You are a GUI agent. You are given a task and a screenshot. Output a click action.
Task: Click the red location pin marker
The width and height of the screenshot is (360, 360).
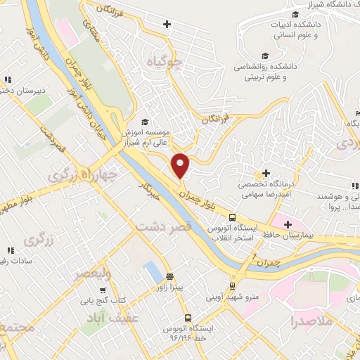click(x=181, y=165)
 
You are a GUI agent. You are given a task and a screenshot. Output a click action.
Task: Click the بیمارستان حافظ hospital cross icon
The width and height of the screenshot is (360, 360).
click(x=288, y=224)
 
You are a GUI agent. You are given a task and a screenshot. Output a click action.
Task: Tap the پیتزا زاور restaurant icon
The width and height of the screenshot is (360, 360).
click(x=169, y=276)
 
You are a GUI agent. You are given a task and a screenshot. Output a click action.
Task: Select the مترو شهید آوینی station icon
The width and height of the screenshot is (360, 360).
click(x=232, y=285)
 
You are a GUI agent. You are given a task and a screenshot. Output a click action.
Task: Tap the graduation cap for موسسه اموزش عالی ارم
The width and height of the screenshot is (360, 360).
click(x=145, y=121)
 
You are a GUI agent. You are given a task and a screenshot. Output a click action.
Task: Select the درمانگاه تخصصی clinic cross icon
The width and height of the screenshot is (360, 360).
click(x=266, y=173)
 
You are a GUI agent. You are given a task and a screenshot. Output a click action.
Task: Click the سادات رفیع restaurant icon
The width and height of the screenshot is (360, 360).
click(x=10, y=250)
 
